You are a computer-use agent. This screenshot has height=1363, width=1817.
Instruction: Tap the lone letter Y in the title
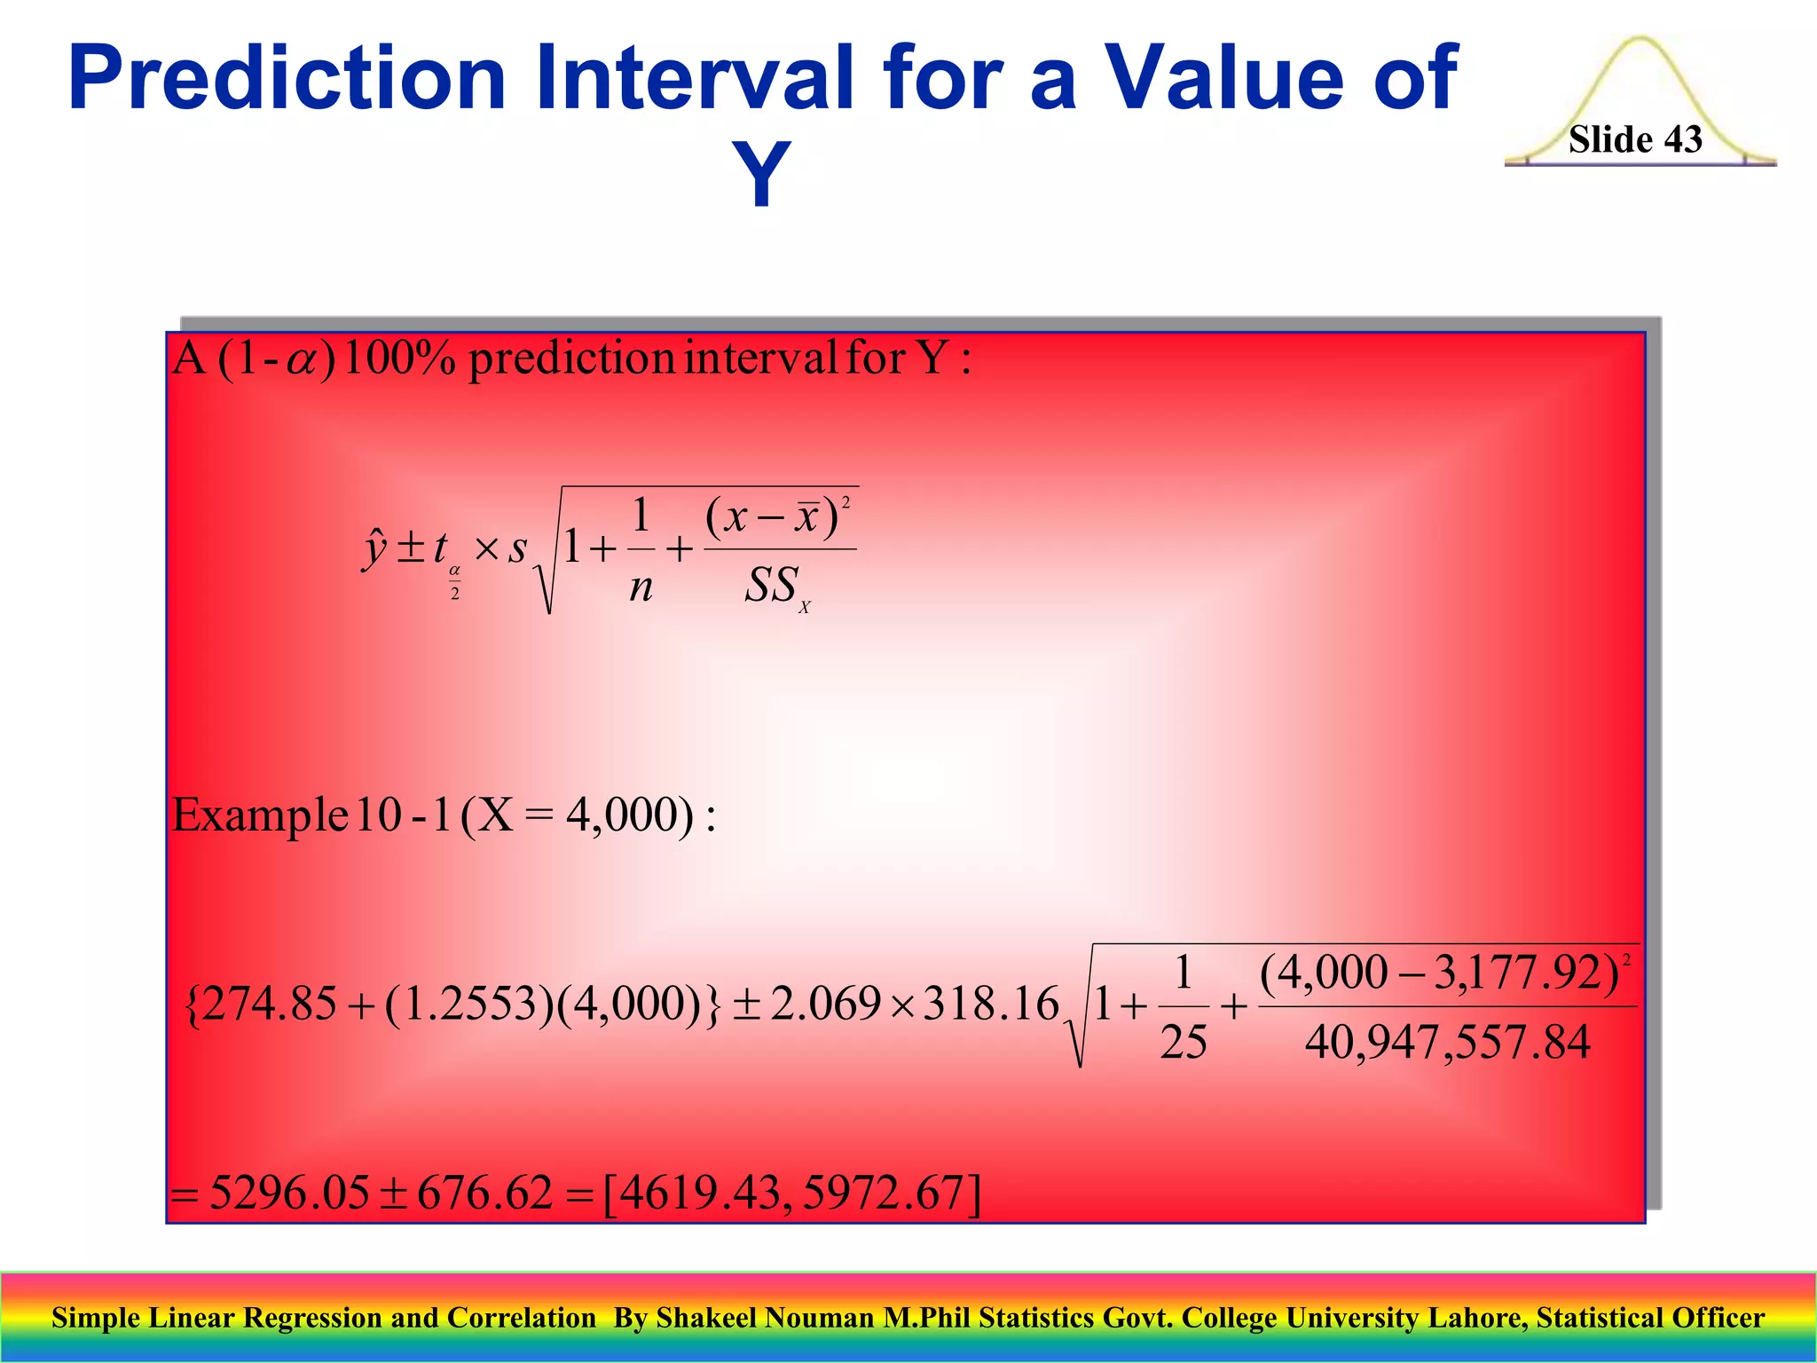pos(760,174)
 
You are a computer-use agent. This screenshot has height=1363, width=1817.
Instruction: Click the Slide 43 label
pos(1634,139)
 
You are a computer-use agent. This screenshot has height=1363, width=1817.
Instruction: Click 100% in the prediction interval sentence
pos(398,359)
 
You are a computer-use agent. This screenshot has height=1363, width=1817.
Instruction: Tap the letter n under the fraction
pos(641,587)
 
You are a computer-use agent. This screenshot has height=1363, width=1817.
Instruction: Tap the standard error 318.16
pos(991,1005)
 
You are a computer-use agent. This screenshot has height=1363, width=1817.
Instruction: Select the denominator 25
pos(1184,1042)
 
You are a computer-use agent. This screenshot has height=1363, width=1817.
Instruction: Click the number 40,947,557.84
pos(1447,1042)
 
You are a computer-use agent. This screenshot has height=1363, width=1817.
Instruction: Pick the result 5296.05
pos(289,1192)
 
